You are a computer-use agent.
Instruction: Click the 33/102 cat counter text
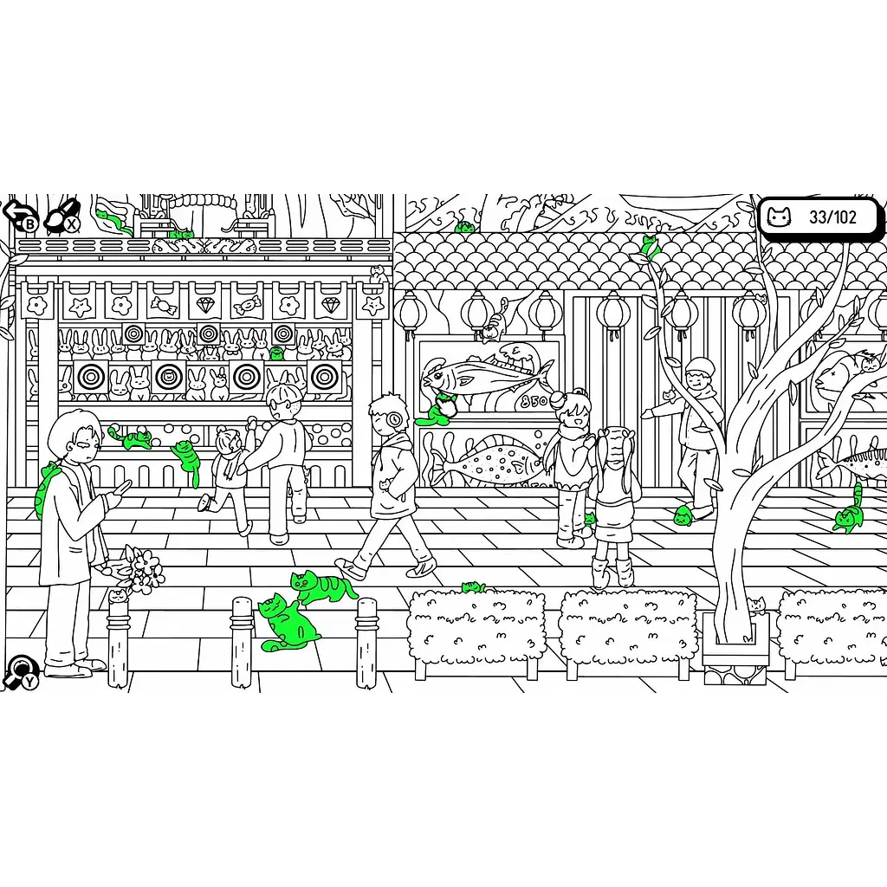pos(832,217)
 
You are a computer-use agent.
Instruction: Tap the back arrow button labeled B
pos(19,215)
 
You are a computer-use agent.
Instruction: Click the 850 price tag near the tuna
pos(534,401)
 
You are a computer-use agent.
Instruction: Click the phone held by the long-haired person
pos(123,487)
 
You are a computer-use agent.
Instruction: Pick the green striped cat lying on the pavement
pos(321,586)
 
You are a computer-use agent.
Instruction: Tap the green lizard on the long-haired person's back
pos(44,490)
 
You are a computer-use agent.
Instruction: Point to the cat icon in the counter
pos(779,217)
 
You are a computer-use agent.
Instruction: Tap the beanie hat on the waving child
pos(700,366)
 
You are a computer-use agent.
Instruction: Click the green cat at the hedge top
pos(474,587)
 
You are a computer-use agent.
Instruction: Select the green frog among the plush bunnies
pos(276,353)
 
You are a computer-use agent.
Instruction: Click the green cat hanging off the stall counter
pos(188,461)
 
